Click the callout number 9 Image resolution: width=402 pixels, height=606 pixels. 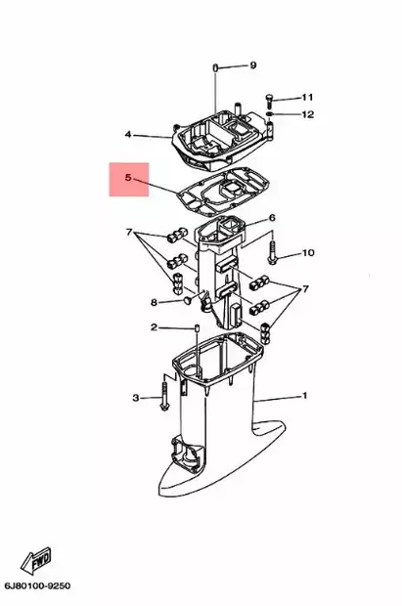point(252,65)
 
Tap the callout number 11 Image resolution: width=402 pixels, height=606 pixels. point(307,97)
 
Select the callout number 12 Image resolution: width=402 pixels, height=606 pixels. point(308,114)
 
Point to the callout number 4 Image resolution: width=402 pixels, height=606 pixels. point(128,135)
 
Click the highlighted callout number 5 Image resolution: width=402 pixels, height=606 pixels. point(128,178)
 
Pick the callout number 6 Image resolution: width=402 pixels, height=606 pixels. point(272,218)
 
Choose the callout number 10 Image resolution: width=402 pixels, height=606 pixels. point(308,253)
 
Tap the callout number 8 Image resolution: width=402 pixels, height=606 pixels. point(154,302)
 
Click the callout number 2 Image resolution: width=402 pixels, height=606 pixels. point(154,327)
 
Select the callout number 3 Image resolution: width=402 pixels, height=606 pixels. point(135,398)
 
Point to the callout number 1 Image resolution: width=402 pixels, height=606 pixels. point(304,396)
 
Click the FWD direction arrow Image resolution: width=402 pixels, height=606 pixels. point(35,560)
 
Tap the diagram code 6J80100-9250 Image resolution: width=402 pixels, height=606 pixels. point(37,585)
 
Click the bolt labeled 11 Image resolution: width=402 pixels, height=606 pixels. point(269,100)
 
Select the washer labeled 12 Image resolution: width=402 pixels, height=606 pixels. point(270,114)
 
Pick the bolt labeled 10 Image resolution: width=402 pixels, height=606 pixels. point(272,253)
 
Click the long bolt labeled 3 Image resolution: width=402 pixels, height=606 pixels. point(164,396)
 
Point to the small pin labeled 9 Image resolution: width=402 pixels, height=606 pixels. point(215,67)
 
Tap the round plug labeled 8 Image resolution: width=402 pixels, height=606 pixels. point(188,300)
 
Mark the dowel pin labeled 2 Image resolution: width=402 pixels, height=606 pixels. point(197,328)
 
